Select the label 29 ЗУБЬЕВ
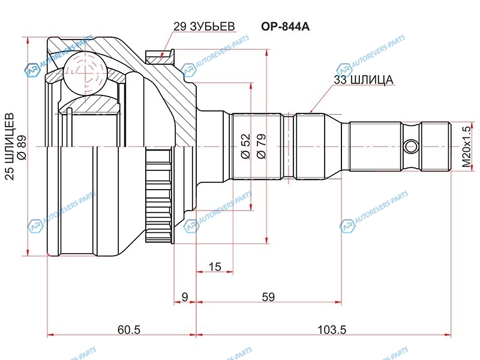[203, 26]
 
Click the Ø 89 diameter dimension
[22, 148]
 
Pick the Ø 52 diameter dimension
[245, 146]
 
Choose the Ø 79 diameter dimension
[261, 146]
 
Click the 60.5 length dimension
[128, 329]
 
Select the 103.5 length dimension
[332, 329]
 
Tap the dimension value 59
[268, 296]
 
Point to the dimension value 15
[215, 266]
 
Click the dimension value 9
[185, 296]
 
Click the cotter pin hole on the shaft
[411, 146]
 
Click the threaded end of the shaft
[436, 146]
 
